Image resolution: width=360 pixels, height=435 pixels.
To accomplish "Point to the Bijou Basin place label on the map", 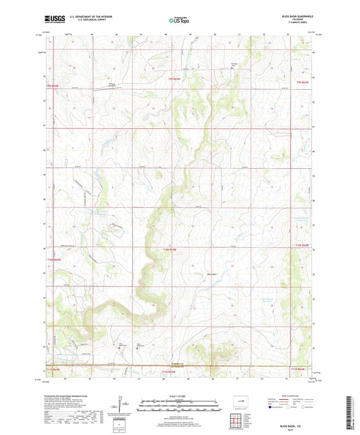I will coord(211,274).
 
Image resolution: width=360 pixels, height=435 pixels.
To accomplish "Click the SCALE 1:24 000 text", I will coord(180,394).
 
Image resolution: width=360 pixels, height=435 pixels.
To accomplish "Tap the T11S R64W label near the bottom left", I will coord(53,371).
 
